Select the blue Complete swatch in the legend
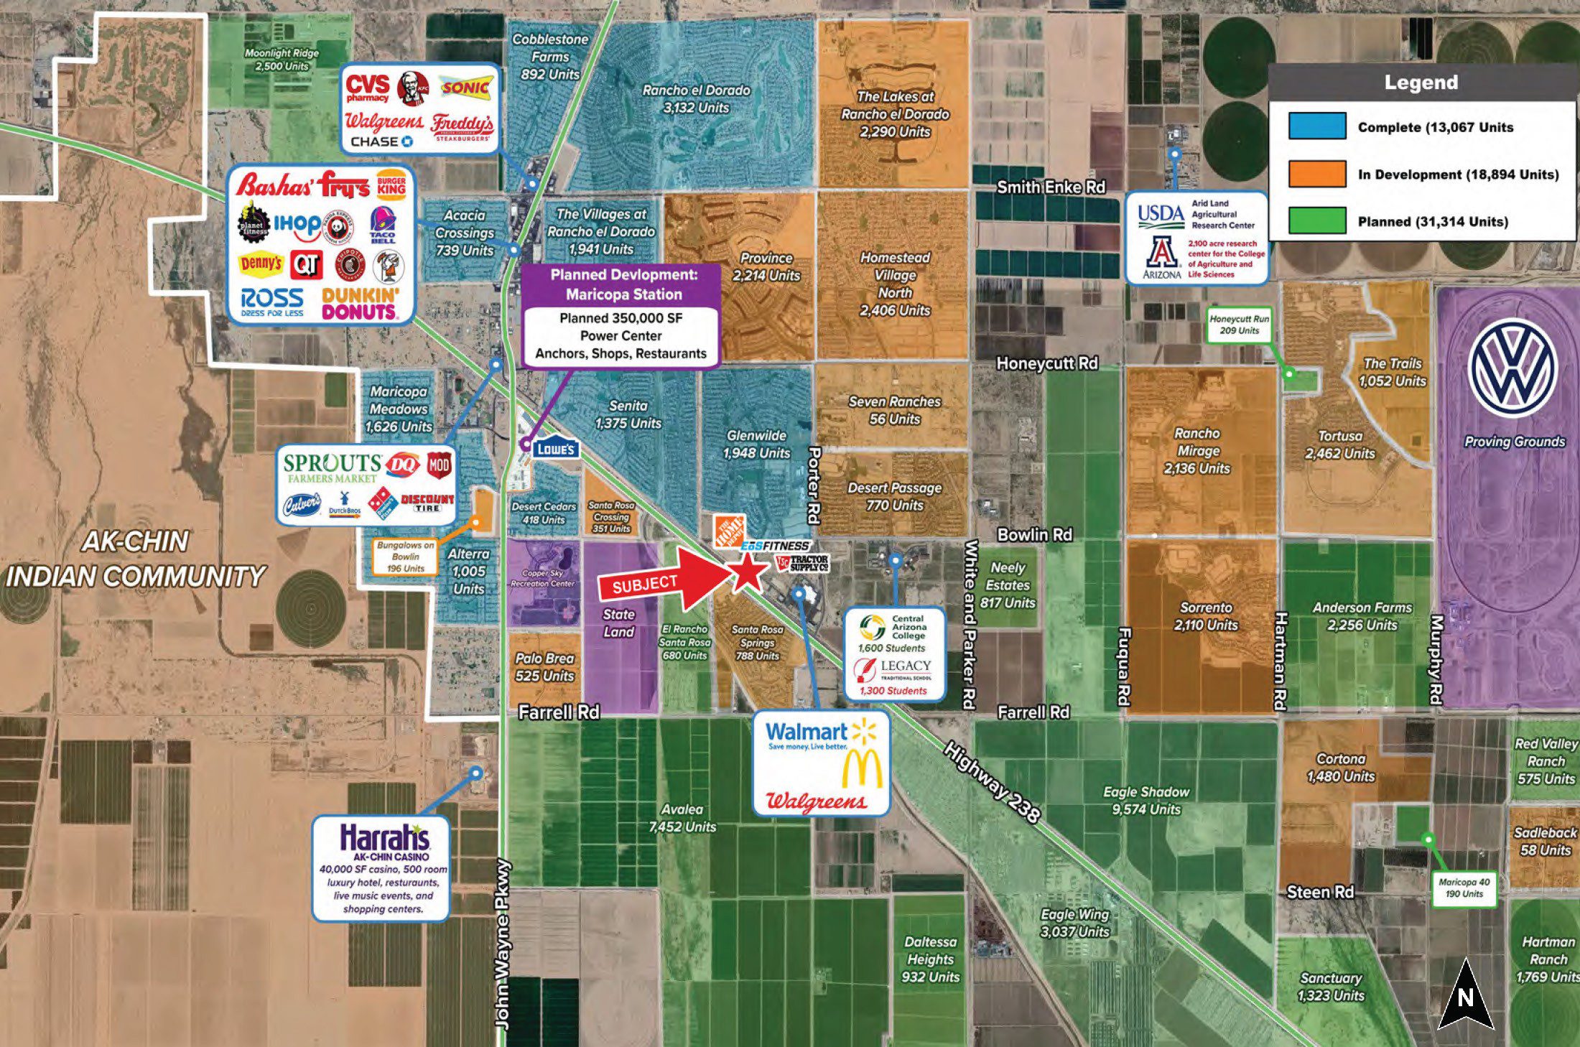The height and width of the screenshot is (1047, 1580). (1316, 126)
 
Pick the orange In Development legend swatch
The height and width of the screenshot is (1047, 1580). (1316, 174)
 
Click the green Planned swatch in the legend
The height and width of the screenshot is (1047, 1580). (1316, 221)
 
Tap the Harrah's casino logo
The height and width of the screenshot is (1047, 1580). (384, 839)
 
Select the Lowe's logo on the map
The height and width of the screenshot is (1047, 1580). (556, 450)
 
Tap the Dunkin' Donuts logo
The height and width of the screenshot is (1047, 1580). (359, 304)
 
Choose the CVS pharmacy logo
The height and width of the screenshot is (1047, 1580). (367, 88)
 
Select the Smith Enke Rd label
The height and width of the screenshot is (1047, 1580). (1050, 187)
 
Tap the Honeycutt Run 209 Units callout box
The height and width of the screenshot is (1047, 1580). (1239, 325)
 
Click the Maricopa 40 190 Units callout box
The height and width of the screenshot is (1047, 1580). (1464, 888)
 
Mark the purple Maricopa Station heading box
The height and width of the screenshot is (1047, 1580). (623, 284)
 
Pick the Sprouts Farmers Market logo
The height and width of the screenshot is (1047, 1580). (332, 467)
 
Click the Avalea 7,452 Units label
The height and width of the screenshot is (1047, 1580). (682, 818)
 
